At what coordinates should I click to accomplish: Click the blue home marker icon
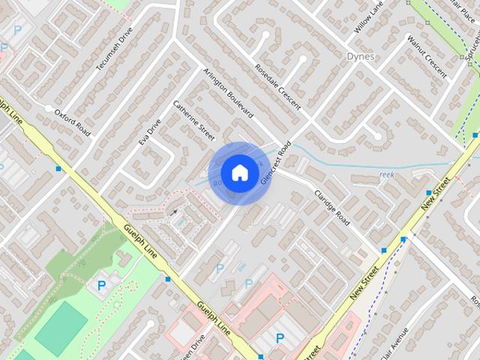(x=239, y=172)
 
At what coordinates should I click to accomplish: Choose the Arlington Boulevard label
(x=228, y=93)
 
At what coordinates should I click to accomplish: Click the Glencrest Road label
(x=275, y=162)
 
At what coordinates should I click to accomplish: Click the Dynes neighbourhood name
(x=361, y=55)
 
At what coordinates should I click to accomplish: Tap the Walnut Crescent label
(x=426, y=55)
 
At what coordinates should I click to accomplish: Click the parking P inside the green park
(x=102, y=285)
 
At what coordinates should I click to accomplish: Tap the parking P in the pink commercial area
(x=280, y=339)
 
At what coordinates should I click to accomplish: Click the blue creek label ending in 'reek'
(x=385, y=175)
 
